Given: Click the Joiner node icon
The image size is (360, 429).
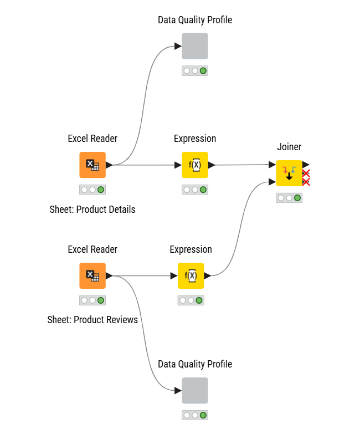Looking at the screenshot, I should click(x=289, y=173).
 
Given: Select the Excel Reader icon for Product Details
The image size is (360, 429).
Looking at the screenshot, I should click(x=92, y=165).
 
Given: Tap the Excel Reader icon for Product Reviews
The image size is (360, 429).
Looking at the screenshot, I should click(x=92, y=275).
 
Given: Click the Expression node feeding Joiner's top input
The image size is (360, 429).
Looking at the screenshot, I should click(x=195, y=165).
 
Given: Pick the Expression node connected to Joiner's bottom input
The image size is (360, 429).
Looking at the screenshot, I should click(x=191, y=275).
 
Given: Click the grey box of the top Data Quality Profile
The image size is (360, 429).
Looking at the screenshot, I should click(x=195, y=46).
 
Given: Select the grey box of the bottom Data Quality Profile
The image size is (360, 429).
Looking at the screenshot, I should click(x=195, y=390).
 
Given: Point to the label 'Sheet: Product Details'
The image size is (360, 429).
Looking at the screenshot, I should click(x=92, y=210).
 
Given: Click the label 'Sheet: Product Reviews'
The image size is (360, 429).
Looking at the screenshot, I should click(x=92, y=320).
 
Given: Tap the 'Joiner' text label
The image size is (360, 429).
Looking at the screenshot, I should click(x=289, y=147).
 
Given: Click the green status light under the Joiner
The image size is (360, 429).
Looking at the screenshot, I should click(x=297, y=198).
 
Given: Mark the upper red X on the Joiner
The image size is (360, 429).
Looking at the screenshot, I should click(x=306, y=173).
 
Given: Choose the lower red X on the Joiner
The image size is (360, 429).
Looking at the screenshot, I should click(x=306, y=182).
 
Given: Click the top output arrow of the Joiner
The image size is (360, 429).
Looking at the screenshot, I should click(x=306, y=165).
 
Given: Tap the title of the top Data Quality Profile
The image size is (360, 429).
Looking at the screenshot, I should click(x=195, y=20).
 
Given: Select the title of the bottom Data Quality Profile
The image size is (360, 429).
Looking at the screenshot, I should click(x=195, y=364).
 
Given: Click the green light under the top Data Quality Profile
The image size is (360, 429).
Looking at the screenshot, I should click(x=203, y=71).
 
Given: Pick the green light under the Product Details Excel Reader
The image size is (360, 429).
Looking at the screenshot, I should click(x=101, y=190).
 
